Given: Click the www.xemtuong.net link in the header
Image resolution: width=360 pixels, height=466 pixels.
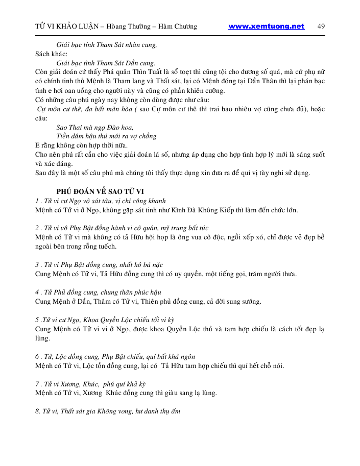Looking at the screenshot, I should pos(266,27).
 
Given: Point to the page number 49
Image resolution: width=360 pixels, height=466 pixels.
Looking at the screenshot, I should pos(321,27).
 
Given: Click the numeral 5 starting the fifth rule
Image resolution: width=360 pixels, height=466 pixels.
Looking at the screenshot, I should pos(37,320).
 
